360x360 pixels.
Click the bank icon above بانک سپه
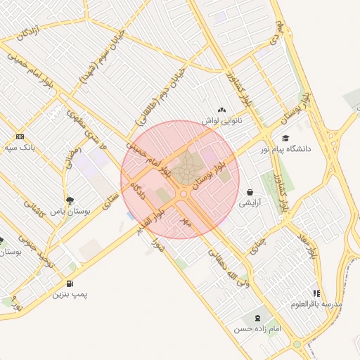point(19,136)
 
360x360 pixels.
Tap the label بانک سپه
point(19,148)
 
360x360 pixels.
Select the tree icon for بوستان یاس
point(70,200)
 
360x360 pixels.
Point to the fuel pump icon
point(70,284)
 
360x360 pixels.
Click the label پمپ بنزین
point(70,295)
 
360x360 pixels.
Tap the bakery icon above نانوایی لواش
point(222,110)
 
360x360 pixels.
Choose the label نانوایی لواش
point(222,120)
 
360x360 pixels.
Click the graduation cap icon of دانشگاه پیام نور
point(285,138)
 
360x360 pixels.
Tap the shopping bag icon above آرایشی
point(250,192)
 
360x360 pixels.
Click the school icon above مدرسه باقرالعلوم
point(316,293)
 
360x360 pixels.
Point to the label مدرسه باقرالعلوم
point(316,304)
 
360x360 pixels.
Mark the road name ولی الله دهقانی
point(225,268)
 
